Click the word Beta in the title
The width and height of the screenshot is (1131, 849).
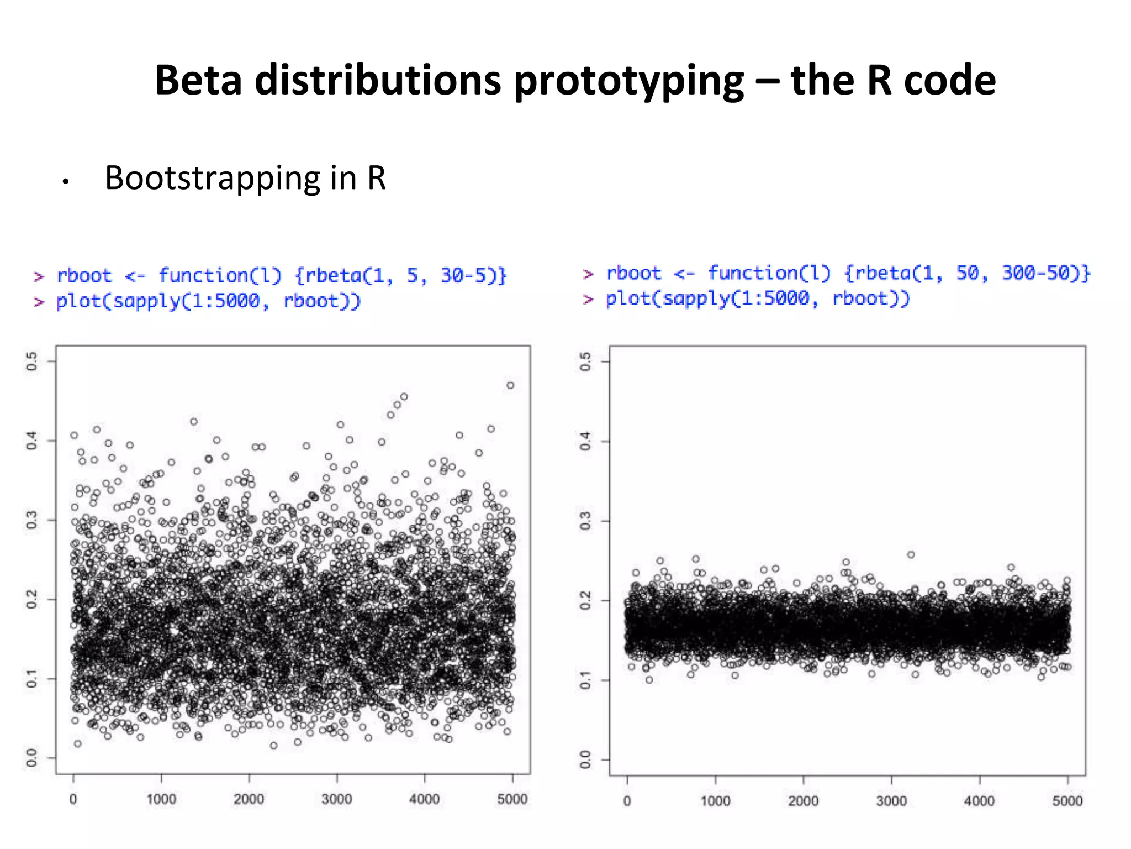click(198, 80)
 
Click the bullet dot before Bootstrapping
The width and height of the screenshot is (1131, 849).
click(65, 182)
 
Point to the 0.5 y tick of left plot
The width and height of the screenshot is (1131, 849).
click(32, 361)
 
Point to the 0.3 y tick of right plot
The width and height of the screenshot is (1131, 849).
click(585, 521)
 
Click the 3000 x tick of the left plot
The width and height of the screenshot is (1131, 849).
click(337, 799)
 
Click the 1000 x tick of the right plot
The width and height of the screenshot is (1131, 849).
click(715, 801)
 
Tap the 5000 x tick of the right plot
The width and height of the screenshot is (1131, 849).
click(1067, 801)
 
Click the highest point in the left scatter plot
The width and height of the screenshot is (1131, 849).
click(510, 385)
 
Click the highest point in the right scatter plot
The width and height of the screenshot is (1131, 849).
click(911, 554)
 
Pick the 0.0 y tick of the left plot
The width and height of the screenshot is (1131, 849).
click(32, 758)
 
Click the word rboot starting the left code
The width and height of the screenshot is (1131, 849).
click(84, 275)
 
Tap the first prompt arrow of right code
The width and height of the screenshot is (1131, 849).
click(588, 274)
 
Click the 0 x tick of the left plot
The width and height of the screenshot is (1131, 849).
click(73, 799)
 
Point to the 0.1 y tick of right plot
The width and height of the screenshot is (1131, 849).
click(585, 680)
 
